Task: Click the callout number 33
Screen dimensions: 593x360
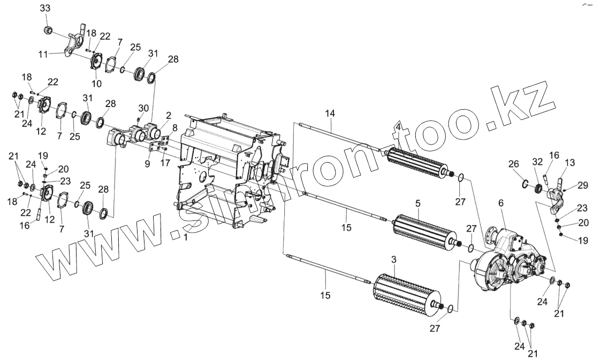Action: [x=45, y=9]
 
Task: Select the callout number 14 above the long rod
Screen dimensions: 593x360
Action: [x=330, y=113]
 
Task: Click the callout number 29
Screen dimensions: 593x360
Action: [x=583, y=185]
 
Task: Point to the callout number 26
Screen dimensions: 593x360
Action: [x=514, y=164]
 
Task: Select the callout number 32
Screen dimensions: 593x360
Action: [x=538, y=161]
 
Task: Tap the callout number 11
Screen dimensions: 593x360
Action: [x=44, y=54]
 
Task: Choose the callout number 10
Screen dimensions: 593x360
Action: [x=97, y=84]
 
